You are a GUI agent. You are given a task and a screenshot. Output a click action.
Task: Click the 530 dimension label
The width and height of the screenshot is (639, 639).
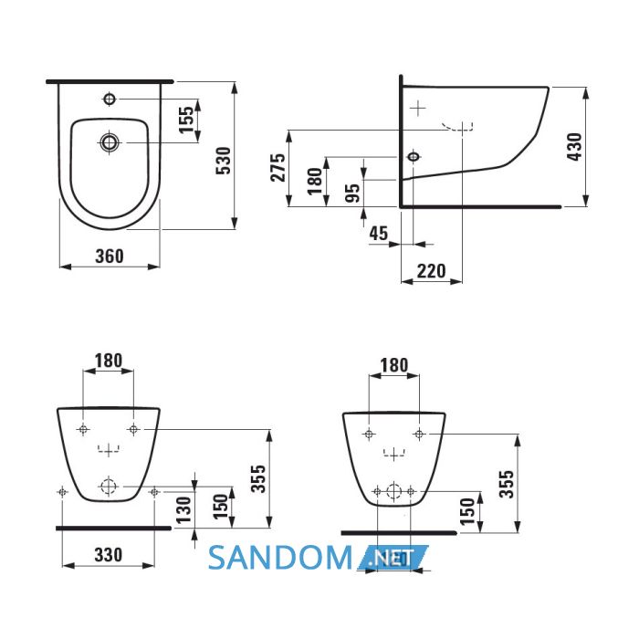point(223,161)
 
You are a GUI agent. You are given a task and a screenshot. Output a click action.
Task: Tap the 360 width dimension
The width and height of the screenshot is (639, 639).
point(110,257)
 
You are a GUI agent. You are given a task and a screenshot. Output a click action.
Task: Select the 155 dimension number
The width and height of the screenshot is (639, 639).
point(186,120)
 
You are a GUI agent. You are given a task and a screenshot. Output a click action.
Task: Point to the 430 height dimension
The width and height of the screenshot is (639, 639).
point(574,147)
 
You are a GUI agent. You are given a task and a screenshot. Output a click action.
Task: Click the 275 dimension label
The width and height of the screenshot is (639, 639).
point(278,167)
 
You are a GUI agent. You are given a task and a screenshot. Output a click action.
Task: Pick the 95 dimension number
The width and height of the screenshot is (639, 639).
point(352,193)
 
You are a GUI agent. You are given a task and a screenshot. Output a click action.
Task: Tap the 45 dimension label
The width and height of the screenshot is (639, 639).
point(379,234)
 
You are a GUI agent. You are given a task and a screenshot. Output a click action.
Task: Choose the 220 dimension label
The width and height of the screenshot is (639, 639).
point(432,271)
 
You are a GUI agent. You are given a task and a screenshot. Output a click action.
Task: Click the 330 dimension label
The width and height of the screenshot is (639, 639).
point(109,555)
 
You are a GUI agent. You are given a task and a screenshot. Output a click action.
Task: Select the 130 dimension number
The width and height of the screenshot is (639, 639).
point(183,509)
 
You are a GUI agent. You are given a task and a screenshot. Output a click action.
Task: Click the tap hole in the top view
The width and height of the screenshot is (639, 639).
point(110,99)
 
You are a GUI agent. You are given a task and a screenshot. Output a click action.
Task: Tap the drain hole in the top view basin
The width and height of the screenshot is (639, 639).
point(110,142)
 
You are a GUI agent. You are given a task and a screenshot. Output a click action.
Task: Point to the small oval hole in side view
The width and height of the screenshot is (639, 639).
point(414,156)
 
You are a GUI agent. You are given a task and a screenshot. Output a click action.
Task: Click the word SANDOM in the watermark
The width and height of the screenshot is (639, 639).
point(280,558)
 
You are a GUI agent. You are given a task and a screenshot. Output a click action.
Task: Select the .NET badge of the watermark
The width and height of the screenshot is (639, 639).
point(392,558)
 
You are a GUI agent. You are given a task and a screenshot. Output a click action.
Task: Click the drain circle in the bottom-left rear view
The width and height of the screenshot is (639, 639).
point(109,487)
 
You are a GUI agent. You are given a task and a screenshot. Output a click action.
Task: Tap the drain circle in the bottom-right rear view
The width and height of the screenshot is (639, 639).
point(393,491)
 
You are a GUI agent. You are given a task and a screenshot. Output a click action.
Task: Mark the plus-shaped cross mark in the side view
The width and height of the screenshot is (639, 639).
point(418,109)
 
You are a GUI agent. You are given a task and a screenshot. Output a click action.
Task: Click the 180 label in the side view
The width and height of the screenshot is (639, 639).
point(315,181)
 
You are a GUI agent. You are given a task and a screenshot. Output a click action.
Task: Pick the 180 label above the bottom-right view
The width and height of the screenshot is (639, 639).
point(394,365)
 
